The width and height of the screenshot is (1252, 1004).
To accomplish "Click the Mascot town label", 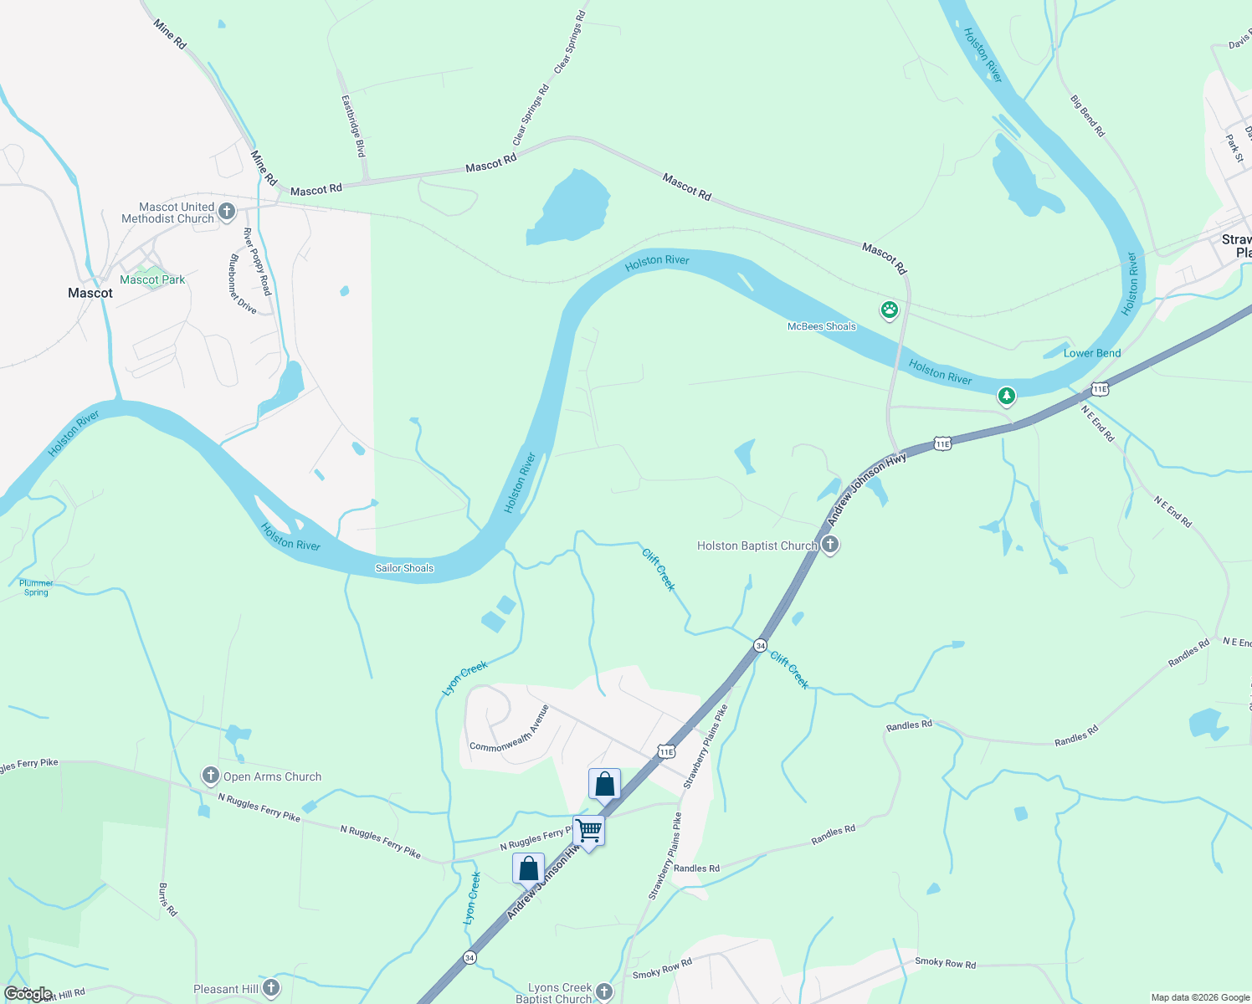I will coord(90,293).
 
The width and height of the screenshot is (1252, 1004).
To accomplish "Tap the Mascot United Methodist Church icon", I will coord(227,212).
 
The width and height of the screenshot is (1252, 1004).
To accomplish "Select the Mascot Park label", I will coord(152,279).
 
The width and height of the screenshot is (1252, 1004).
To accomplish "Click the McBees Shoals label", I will coord(821,326).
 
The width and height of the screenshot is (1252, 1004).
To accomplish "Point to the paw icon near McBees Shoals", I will coord(889,311).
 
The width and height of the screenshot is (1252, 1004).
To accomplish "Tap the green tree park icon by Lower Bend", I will coord(1006,395).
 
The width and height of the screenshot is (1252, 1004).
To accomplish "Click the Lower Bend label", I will coord(1091,353).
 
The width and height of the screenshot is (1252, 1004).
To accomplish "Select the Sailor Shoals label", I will coord(404,568).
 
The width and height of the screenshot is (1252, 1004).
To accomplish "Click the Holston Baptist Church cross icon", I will coord(829,546).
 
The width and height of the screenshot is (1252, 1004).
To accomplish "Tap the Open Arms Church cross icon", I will coord(211,776).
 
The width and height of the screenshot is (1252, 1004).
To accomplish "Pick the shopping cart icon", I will coord(589,831).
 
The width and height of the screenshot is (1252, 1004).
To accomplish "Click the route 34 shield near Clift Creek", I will coord(760,645).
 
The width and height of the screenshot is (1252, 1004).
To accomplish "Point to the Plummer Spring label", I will coord(36,587).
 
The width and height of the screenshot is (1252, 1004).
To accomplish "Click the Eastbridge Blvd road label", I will coord(353,125).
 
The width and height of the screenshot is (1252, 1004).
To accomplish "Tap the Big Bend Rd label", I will coord(1087,115).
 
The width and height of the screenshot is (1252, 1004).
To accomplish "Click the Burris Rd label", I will coord(167,899).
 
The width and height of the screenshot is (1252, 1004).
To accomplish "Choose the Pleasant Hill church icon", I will coord(270,988).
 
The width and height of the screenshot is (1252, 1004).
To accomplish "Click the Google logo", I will coord(28,994).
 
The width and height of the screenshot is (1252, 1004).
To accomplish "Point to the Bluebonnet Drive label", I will coord(242,284).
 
